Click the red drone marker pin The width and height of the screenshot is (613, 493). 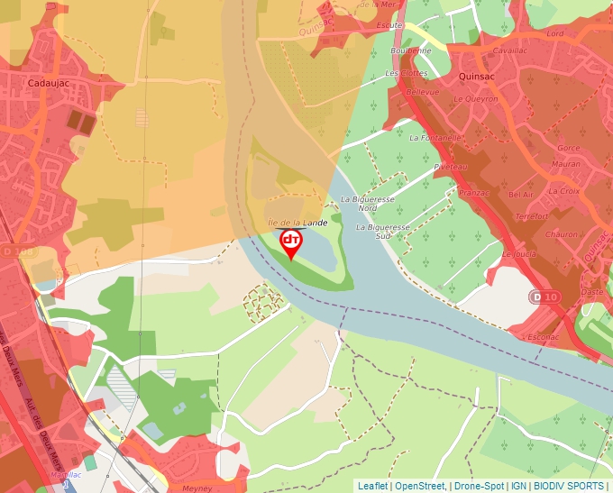pyautogui.click(x=291, y=242)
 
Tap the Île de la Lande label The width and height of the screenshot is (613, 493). pyautogui.click(x=297, y=222)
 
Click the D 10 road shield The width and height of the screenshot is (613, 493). pyautogui.click(x=544, y=297)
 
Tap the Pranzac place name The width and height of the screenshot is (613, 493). pyautogui.click(x=474, y=193)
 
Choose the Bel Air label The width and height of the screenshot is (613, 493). pyautogui.click(x=521, y=195)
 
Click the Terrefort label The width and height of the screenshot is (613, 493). pyautogui.click(x=532, y=216)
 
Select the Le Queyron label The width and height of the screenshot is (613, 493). pyautogui.click(x=475, y=99)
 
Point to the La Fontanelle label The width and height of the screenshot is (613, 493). pyautogui.click(x=435, y=138)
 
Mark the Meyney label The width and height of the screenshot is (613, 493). pyautogui.click(x=197, y=488)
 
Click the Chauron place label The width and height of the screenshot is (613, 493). pyautogui.click(x=562, y=234)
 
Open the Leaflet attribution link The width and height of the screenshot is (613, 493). pyautogui.click(x=372, y=486)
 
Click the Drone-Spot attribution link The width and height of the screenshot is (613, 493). pyautogui.click(x=479, y=486)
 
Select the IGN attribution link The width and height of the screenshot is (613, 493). pyautogui.click(x=518, y=486)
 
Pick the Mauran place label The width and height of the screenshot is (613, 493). pyautogui.click(x=565, y=164)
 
